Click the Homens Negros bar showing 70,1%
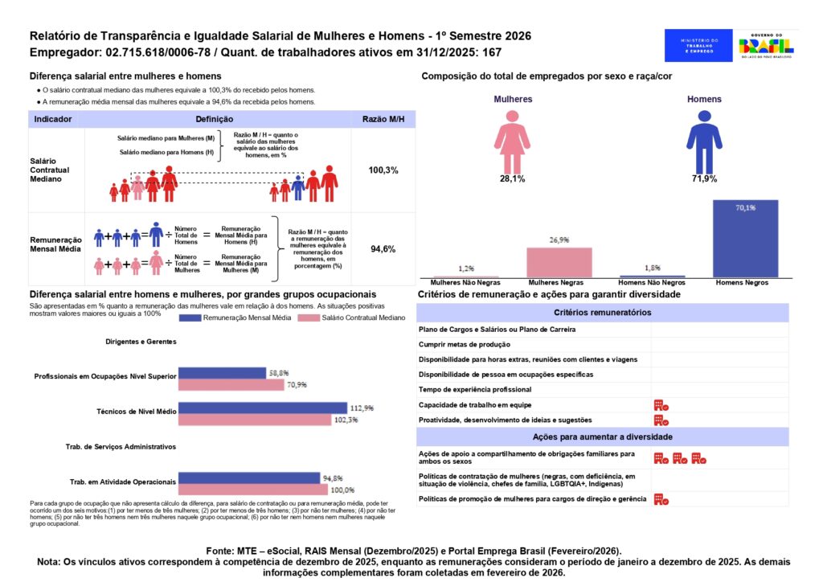pos(745,239)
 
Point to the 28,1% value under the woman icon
pos(512,178)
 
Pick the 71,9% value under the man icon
pos(703,178)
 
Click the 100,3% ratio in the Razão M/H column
pos(383,170)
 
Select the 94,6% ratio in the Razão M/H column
pos(383,249)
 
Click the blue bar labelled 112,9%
pos(262,408)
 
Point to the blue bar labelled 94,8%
pos(248,478)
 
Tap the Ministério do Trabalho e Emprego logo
pos(698,46)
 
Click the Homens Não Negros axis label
pos(651,284)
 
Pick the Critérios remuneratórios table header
pos(603,313)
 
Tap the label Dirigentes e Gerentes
pos(141,342)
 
